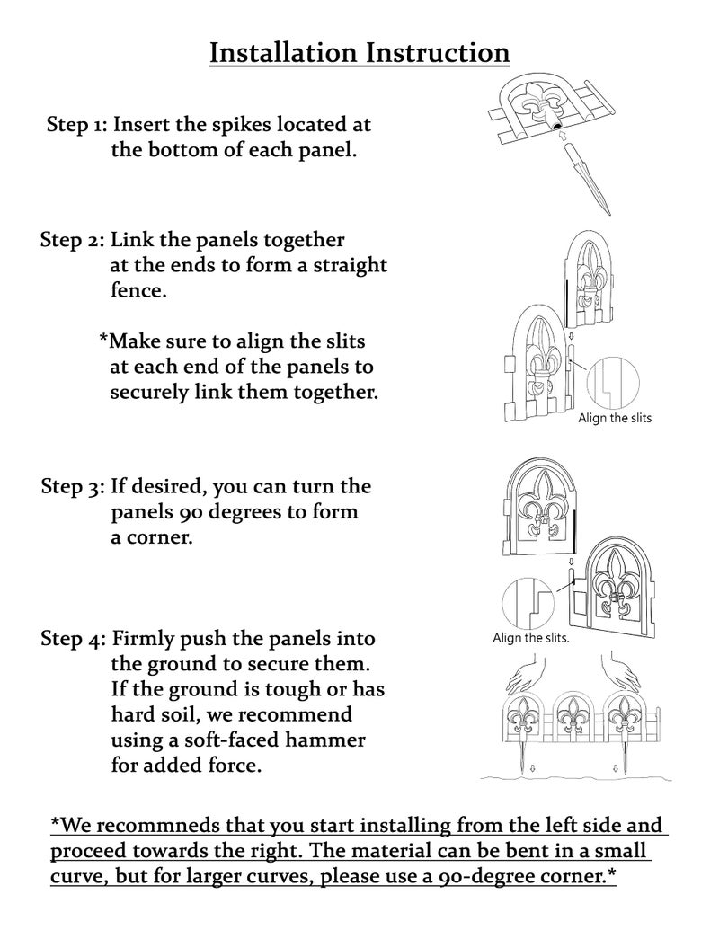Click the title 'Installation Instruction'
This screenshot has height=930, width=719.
tap(359, 52)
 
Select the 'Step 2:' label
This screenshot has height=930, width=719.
tap(73, 240)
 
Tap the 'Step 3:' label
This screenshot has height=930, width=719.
tap(74, 486)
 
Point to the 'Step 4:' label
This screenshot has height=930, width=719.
tap(74, 639)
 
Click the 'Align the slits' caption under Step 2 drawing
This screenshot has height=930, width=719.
tap(615, 418)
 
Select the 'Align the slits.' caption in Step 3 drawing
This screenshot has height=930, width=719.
tap(531, 638)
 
